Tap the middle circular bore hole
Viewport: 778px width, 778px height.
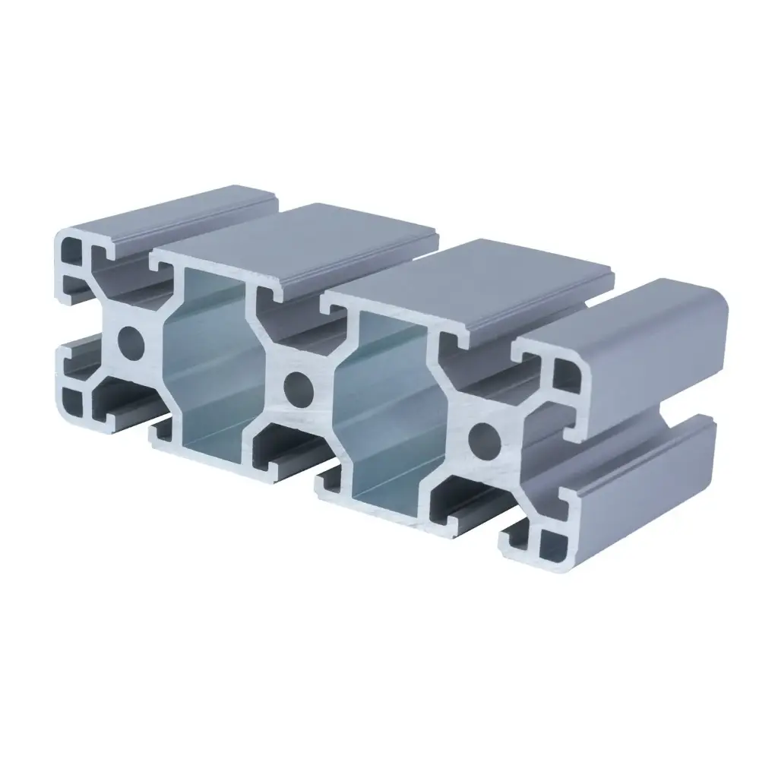298,387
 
